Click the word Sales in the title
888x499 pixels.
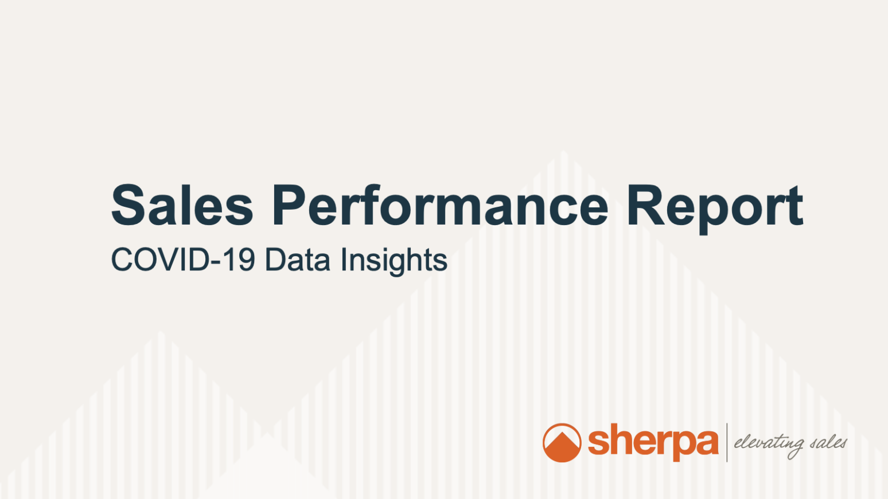pos(182,205)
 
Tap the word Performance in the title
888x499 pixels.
pos(440,205)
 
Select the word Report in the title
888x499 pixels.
pos(715,209)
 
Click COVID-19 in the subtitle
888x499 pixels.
pos(183,260)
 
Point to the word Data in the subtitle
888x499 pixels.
pos(297,260)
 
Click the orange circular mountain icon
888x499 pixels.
pos(562,442)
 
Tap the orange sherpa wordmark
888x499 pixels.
pos(653,442)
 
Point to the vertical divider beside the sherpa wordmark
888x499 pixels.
pos(727,442)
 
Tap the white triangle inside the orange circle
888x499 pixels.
pos(561,442)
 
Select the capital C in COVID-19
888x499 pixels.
pos(123,260)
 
